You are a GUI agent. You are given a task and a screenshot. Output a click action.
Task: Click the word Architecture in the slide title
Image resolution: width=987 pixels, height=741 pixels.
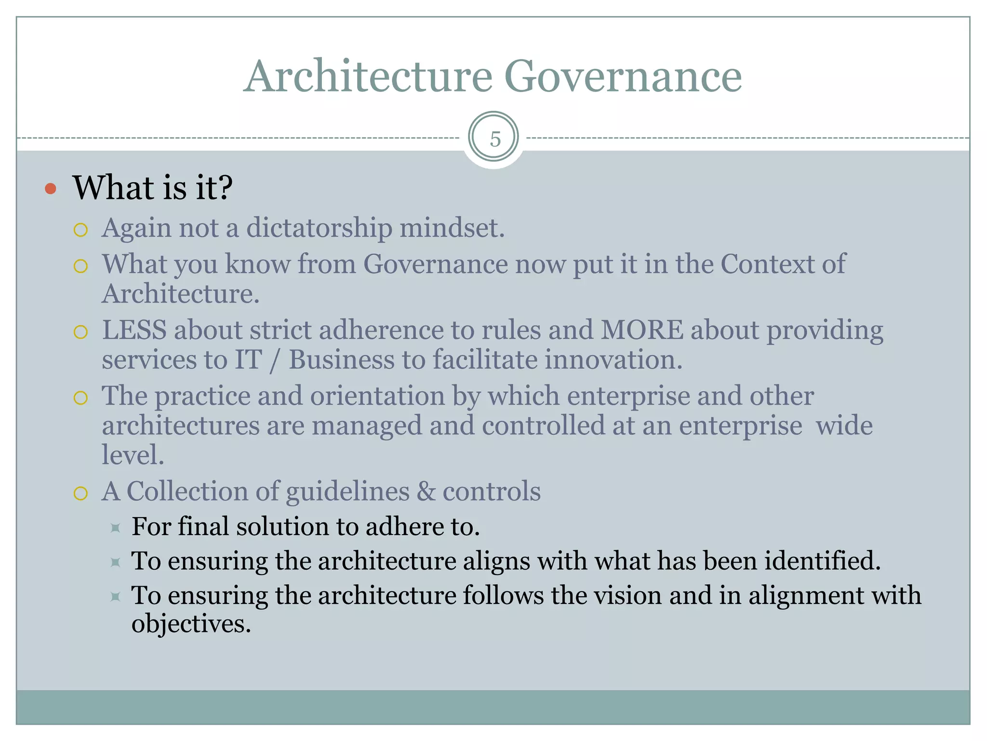point(368,77)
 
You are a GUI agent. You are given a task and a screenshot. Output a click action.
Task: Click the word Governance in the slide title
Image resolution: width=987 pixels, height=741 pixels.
point(623,77)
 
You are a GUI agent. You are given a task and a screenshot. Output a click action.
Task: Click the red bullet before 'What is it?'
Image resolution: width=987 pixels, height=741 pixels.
point(51,189)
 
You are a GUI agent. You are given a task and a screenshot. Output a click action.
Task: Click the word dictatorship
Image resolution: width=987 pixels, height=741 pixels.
point(319,228)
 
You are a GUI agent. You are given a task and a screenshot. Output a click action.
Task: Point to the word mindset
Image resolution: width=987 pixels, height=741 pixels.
point(452,228)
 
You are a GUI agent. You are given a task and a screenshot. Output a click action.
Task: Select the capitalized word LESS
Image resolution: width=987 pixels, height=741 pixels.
point(134,330)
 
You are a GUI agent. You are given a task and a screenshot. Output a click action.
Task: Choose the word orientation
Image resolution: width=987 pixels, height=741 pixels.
point(377,396)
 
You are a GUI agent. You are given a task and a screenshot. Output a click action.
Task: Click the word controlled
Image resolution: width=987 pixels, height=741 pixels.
point(543,425)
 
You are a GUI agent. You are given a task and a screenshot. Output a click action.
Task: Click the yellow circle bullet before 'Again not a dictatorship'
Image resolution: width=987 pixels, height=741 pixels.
point(81,230)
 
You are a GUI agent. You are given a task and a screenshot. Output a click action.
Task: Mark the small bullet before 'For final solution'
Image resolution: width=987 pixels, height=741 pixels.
point(115,528)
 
